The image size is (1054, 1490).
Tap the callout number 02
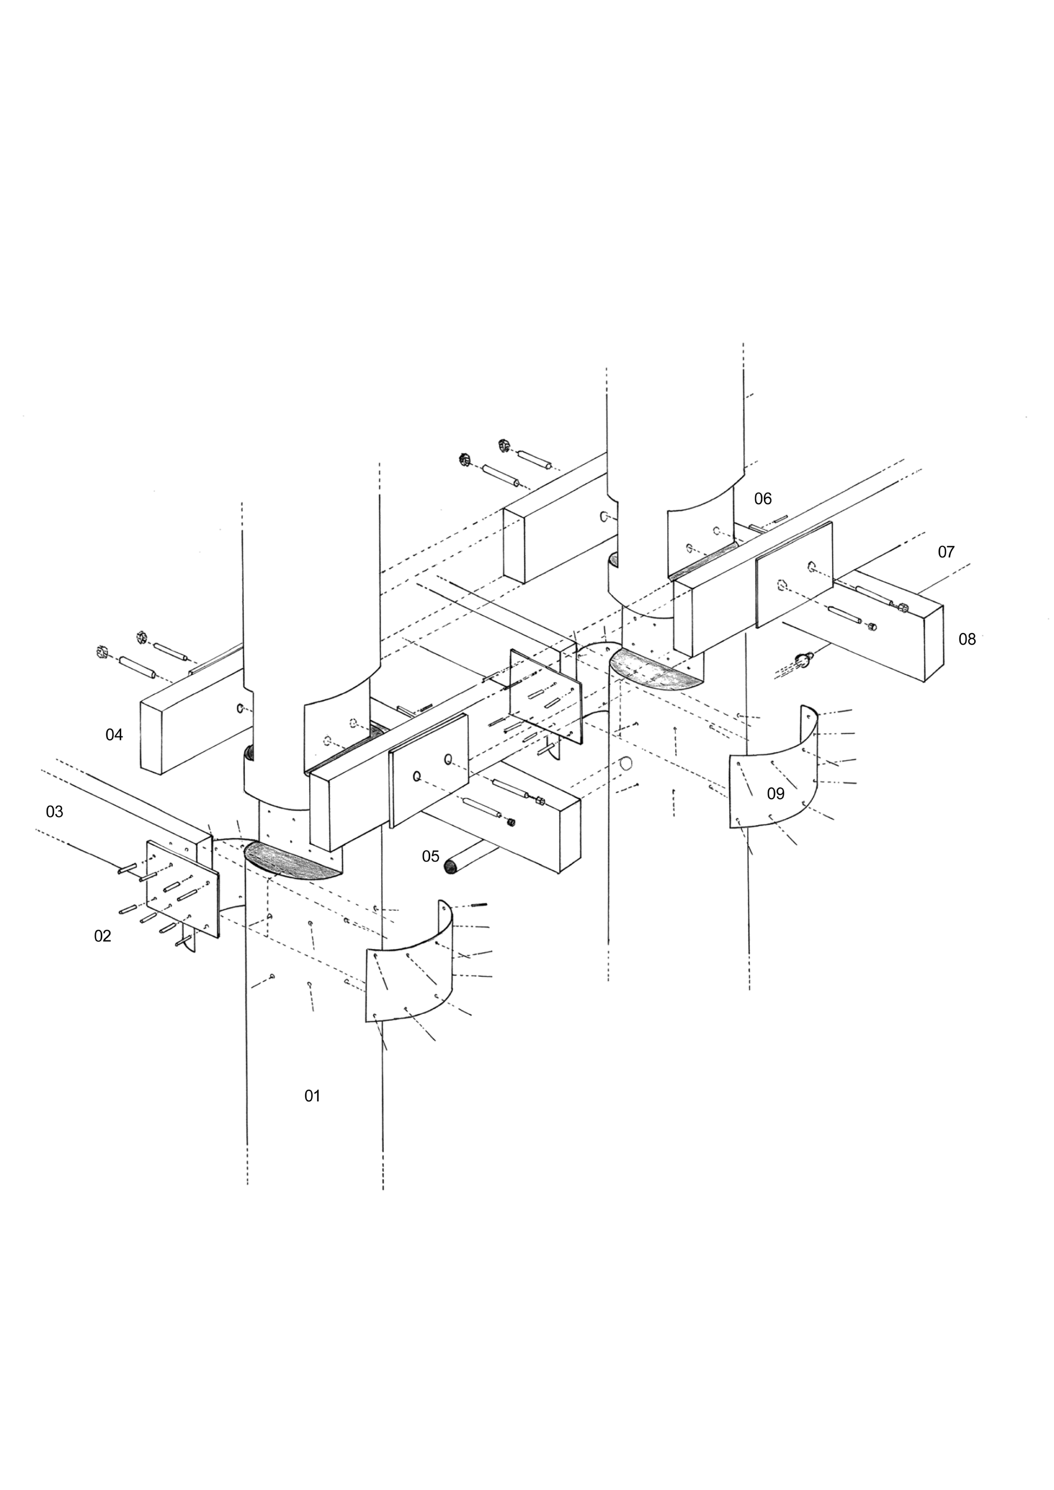[x=102, y=936]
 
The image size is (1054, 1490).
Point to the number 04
[x=114, y=735]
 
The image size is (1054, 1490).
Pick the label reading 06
[x=763, y=498]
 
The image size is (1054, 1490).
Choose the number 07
[x=946, y=552]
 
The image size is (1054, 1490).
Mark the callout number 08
[x=967, y=639]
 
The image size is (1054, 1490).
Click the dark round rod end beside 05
[x=450, y=866]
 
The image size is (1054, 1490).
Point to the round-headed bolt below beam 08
[x=805, y=660]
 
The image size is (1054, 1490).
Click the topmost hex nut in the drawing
[x=504, y=445]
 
